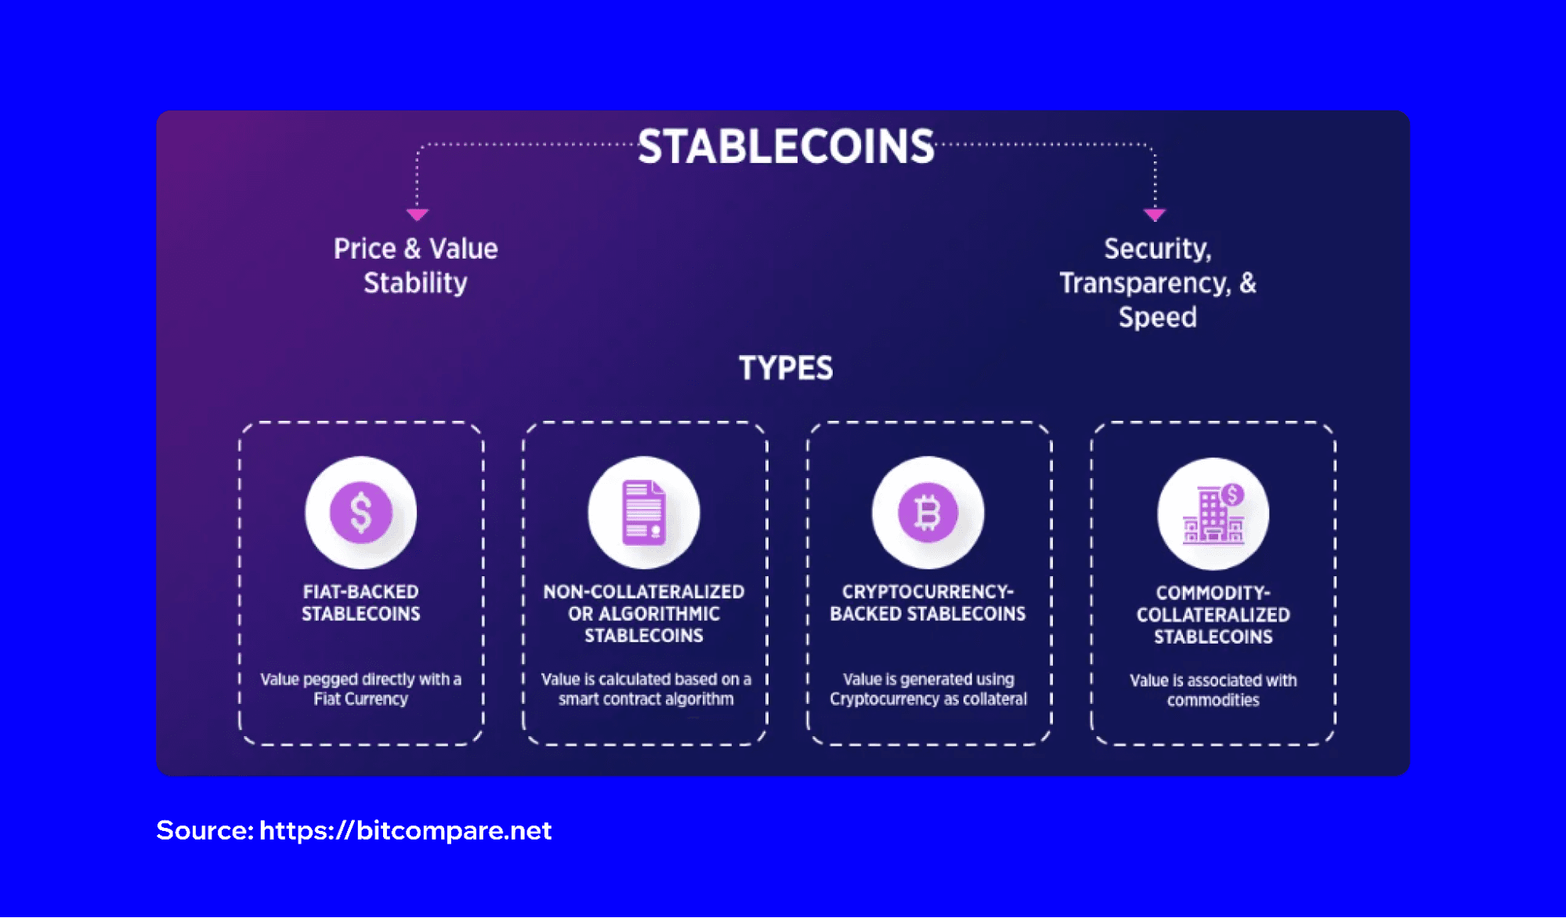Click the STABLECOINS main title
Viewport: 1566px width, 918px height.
click(x=786, y=147)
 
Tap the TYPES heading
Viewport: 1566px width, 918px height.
click(x=786, y=368)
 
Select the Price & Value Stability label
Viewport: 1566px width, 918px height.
click(x=415, y=266)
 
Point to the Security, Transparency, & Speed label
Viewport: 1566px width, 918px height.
click(x=1157, y=283)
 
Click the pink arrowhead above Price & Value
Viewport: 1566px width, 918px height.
click(x=417, y=214)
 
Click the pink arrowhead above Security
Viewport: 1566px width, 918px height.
click(x=1155, y=214)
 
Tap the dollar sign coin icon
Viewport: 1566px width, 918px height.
click(x=360, y=513)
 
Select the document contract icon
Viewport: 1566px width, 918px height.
click(x=644, y=513)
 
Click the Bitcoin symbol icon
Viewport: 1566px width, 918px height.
click(x=928, y=513)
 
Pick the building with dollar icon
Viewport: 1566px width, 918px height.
click(x=1213, y=514)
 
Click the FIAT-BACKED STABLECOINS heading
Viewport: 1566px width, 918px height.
click(x=360, y=603)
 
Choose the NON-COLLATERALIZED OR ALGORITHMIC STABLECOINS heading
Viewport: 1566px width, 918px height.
click(x=644, y=614)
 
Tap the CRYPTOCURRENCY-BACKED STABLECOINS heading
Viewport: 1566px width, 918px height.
click(x=928, y=603)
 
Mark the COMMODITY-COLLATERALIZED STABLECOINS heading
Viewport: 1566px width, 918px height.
click(x=1213, y=615)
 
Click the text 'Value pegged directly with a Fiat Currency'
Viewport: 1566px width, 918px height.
click(x=360, y=689)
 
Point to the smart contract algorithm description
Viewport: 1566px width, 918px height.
click(x=646, y=689)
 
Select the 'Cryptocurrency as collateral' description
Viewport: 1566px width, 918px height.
click(x=928, y=689)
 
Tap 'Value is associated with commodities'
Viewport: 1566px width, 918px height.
click(x=1213, y=690)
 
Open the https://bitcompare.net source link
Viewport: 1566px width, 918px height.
click(x=405, y=830)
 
